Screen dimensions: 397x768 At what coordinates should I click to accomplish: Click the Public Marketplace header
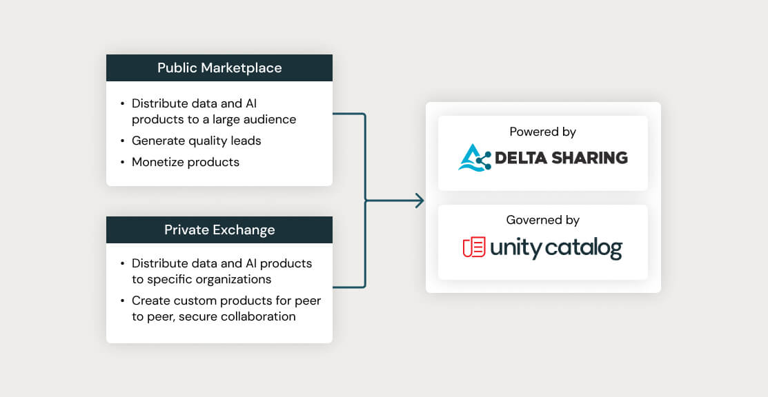click(x=219, y=68)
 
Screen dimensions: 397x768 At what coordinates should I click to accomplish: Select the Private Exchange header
click(x=219, y=230)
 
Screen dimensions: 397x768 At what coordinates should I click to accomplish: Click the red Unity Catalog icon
click(x=474, y=247)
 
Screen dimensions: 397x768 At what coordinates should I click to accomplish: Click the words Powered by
click(x=542, y=132)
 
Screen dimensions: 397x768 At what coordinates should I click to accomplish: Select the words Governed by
click(x=542, y=220)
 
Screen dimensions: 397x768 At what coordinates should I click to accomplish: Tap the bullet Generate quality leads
click(x=196, y=141)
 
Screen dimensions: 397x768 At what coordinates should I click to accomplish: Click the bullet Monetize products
click(x=185, y=162)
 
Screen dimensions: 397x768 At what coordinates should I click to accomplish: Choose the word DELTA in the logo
click(x=518, y=158)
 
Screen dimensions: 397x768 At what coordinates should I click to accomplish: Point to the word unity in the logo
click(x=515, y=248)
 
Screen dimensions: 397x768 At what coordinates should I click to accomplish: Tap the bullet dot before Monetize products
click(x=122, y=163)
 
